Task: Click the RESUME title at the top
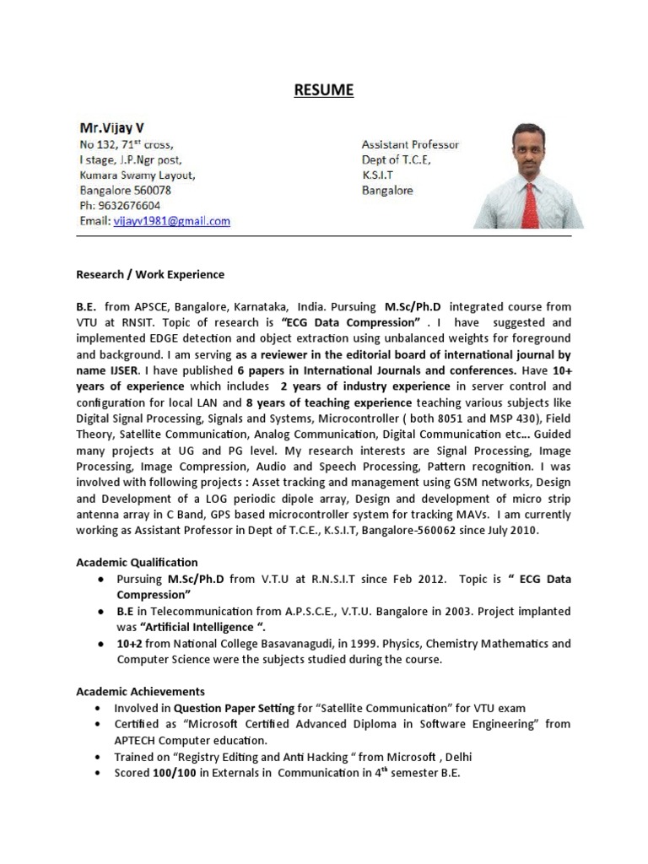tap(324, 90)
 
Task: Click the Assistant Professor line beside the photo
tap(410, 145)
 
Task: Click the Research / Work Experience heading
tap(150, 274)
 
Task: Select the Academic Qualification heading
tap(137, 562)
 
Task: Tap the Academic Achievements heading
tap(140, 691)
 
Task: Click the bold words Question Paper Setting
tap(227, 708)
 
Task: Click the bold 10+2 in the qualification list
tap(128, 643)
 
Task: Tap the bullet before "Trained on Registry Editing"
tap(100, 757)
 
